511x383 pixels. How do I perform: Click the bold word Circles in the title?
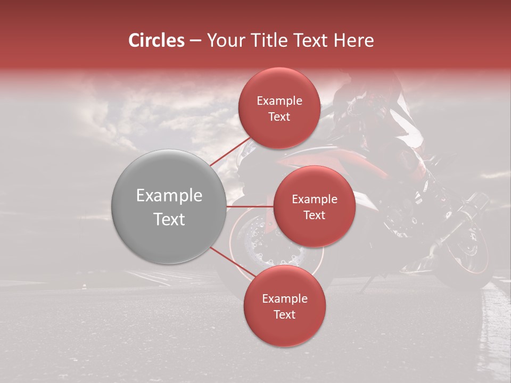(x=156, y=40)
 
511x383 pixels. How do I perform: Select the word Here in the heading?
(x=355, y=40)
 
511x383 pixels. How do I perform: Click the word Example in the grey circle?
(x=169, y=196)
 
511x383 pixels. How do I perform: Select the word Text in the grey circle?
(x=169, y=219)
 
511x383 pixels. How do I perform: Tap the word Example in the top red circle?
(x=279, y=101)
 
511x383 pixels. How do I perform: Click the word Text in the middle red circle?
(x=314, y=215)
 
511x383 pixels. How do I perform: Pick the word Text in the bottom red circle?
(x=284, y=314)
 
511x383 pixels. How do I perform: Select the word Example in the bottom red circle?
(x=284, y=298)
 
